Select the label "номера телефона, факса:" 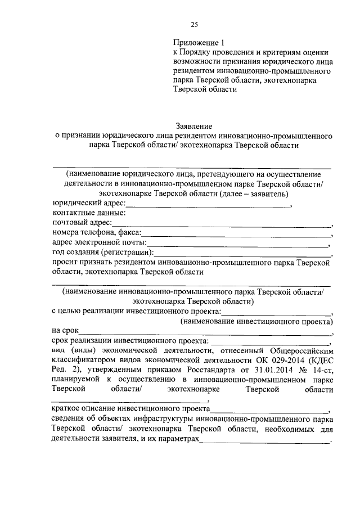click(x=97, y=233)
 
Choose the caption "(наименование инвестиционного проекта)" click(x=256, y=321)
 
